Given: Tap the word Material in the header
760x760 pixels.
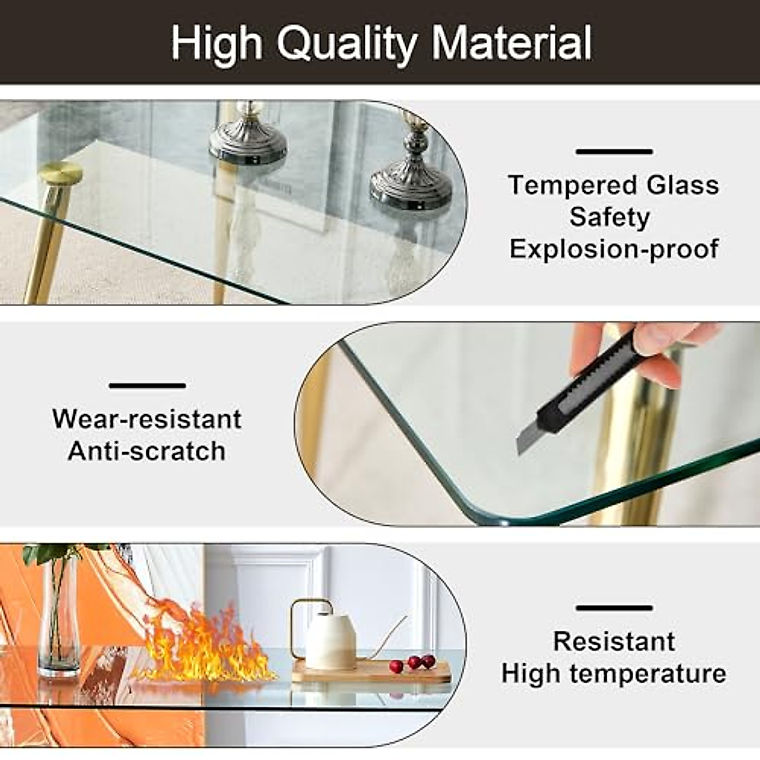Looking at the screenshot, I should [512, 43].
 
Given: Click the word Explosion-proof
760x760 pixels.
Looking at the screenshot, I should [614, 249].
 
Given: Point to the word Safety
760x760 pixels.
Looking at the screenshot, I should [609, 217].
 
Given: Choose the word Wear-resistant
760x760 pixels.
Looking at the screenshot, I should [147, 419].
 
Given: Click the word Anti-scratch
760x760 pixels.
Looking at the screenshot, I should [147, 452].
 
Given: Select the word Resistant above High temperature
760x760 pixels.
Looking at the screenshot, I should [614, 641].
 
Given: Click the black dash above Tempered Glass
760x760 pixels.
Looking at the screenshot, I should [614, 152].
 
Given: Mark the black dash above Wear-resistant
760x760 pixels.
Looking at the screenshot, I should [147, 386].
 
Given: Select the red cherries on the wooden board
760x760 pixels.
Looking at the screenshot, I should [413, 663].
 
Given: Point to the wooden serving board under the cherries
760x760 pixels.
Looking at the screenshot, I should [374, 673].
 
